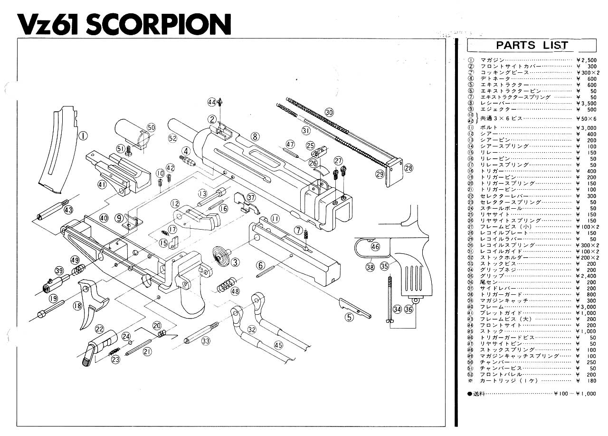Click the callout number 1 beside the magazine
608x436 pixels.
pyautogui.click(x=83, y=136)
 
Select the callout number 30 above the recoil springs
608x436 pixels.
pyautogui.click(x=329, y=112)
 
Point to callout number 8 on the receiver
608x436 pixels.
pyautogui.click(x=256, y=136)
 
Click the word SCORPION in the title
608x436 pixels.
pyautogui.click(x=159, y=24)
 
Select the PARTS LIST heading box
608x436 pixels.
pyautogui.click(x=532, y=46)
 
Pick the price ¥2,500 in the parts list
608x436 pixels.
pyautogui.click(x=585, y=60)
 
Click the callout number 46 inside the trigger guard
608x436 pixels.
pyautogui.click(x=375, y=246)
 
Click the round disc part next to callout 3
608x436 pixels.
pyautogui.click(x=219, y=257)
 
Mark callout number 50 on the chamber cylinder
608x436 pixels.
pyautogui.click(x=151, y=127)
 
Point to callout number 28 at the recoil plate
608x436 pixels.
pyautogui.click(x=408, y=167)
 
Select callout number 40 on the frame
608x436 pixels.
pyautogui.click(x=104, y=217)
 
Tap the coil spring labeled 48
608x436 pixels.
pyautogui.click(x=225, y=287)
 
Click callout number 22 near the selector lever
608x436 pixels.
pyautogui.click(x=99, y=329)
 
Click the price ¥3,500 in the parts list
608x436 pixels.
pyautogui.click(x=585, y=103)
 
